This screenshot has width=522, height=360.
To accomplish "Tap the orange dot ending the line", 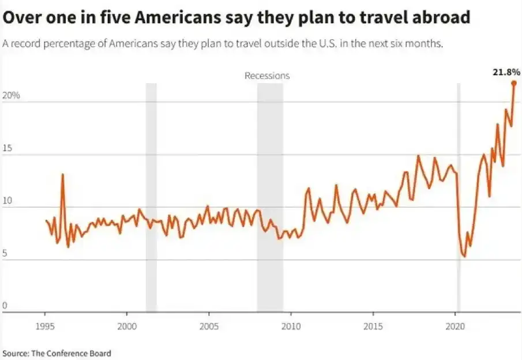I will pos(513,83).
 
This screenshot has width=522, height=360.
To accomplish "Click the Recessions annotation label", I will pos(267,76).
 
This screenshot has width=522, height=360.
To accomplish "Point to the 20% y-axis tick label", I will pos(12,96).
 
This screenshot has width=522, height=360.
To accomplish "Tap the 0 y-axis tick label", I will pos(5,306).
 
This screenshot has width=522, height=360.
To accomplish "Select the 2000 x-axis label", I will pos(127,325).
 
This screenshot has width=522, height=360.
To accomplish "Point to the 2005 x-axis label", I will pos(209,325).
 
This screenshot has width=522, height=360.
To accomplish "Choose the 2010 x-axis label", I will pos(291,325).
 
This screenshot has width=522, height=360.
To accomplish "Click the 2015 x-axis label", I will pos(373,325).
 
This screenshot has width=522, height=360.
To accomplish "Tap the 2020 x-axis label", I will pos(455,325).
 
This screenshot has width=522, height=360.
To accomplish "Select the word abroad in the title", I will pos(440,18).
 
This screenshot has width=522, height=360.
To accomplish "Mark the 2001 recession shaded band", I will pos(151,196).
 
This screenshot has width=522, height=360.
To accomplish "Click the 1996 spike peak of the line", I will pos(62,174).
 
